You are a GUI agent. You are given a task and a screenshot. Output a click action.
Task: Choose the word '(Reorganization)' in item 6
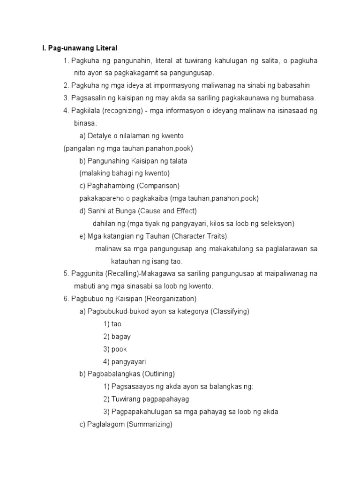click(x=171, y=299)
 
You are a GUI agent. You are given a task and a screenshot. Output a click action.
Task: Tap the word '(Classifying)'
click(x=228, y=311)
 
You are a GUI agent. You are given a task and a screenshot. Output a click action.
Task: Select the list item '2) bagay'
click(x=117, y=337)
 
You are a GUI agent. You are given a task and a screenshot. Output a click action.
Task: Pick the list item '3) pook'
click(x=115, y=349)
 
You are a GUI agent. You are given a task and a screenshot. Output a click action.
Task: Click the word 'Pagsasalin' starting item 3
click(x=88, y=98)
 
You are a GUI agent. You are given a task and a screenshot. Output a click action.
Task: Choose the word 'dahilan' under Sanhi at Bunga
click(x=104, y=224)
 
